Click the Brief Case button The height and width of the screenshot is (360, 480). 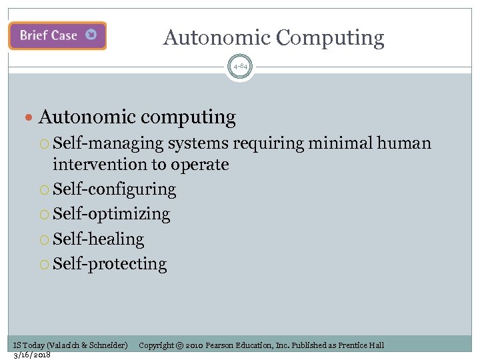click(x=57, y=35)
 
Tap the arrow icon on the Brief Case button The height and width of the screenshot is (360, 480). click(x=91, y=35)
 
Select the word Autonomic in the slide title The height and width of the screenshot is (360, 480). click(x=217, y=38)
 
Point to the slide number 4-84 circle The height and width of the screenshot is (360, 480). click(x=240, y=67)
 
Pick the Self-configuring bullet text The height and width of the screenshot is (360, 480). click(x=114, y=189)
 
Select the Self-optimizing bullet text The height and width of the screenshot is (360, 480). click(x=111, y=214)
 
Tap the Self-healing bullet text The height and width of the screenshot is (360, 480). click(x=98, y=239)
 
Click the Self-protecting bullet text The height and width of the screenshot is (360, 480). click(x=109, y=263)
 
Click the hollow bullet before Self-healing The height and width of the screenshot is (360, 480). click(x=45, y=239)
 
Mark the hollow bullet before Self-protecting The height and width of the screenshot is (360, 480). click(x=45, y=264)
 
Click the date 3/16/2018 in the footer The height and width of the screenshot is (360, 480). click(x=32, y=355)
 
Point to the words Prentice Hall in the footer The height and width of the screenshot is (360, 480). click(x=361, y=345)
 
